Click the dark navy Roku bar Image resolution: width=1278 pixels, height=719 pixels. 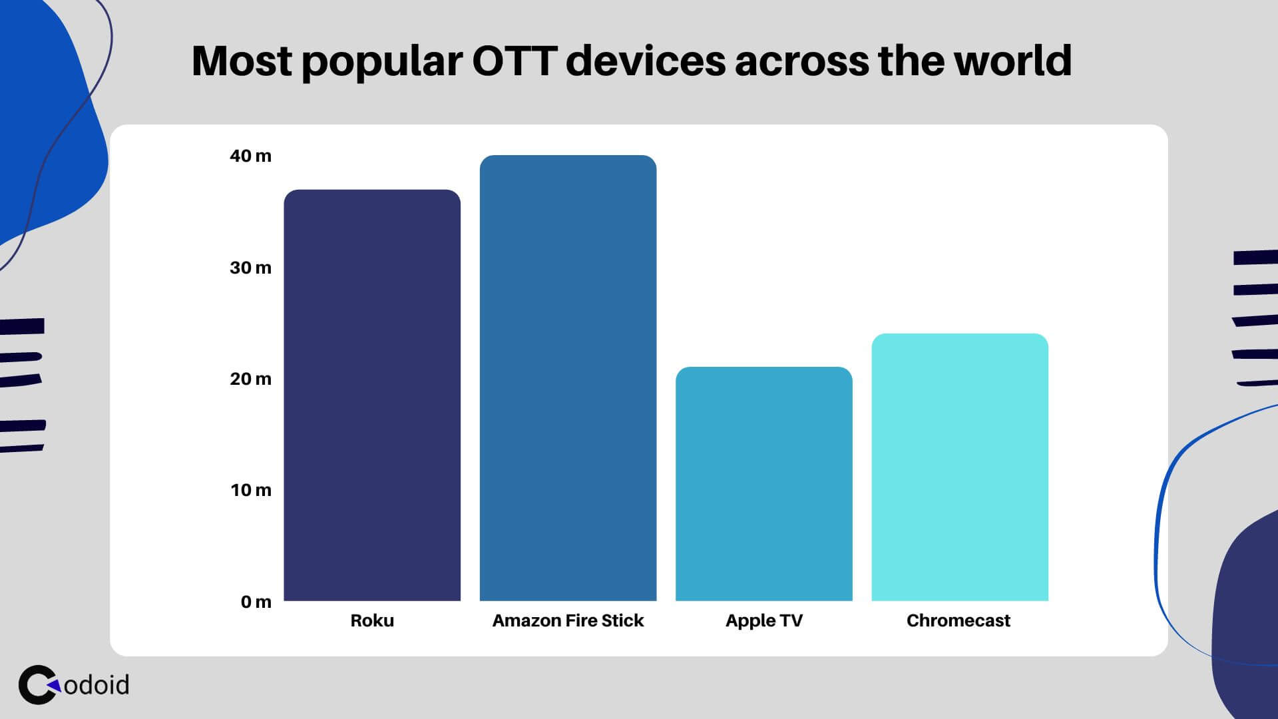coord(372,395)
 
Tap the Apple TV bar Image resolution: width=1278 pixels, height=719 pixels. coord(763,484)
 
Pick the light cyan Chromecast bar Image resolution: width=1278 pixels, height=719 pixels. coord(959,467)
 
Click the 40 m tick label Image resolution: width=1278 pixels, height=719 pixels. coord(250,156)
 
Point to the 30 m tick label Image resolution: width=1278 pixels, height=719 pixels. coord(250,268)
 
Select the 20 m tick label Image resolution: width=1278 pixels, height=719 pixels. coord(250,379)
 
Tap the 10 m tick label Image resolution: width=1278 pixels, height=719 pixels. coord(251,490)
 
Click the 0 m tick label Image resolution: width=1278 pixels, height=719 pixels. coord(256,602)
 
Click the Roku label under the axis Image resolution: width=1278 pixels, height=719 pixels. coord(372,620)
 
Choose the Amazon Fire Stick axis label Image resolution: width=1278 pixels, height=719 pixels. coord(568,620)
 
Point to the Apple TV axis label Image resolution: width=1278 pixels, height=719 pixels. coord(763,620)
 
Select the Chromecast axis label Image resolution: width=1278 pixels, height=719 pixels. coord(958,620)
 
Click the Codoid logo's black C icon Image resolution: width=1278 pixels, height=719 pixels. coord(37,684)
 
